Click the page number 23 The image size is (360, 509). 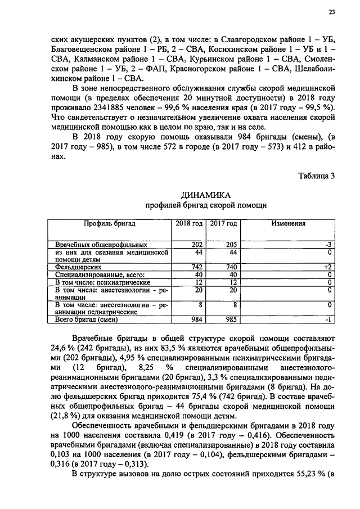pyautogui.click(x=331, y=12)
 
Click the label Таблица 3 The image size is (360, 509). pyautogui.click(x=316, y=175)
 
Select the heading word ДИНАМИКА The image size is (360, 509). pyautogui.click(x=205, y=195)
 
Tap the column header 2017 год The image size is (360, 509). pyautogui.click(x=224, y=223)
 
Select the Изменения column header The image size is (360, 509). pyautogui.click(x=288, y=223)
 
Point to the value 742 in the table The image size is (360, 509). pyautogui.click(x=196, y=267)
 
